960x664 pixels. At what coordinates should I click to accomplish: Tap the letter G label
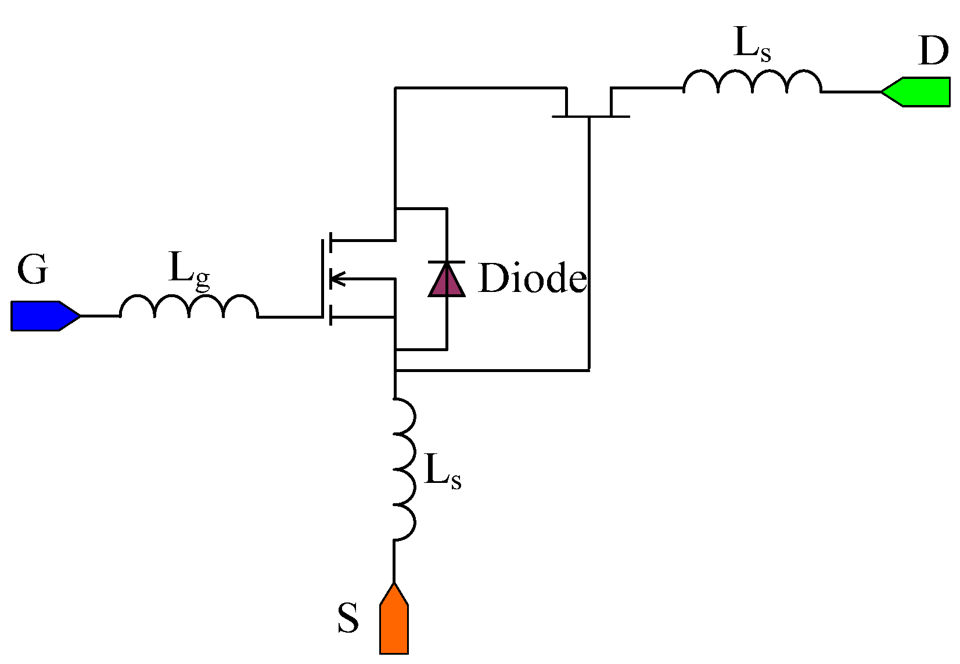pyautogui.click(x=32, y=270)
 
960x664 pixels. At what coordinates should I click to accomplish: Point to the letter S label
pyautogui.click(x=348, y=618)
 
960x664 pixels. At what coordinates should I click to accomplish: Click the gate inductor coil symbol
pyautogui.click(x=189, y=307)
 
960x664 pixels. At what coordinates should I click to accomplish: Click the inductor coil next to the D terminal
pyautogui.click(x=752, y=82)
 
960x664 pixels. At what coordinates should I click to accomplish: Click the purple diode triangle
pyautogui.click(x=447, y=281)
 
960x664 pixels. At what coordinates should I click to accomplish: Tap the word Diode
pyautogui.click(x=532, y=279)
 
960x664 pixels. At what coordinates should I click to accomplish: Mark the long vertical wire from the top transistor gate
pyautogui.click(x=589, y=244)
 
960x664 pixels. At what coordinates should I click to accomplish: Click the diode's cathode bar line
pyautogui.click(x=447, y=262)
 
